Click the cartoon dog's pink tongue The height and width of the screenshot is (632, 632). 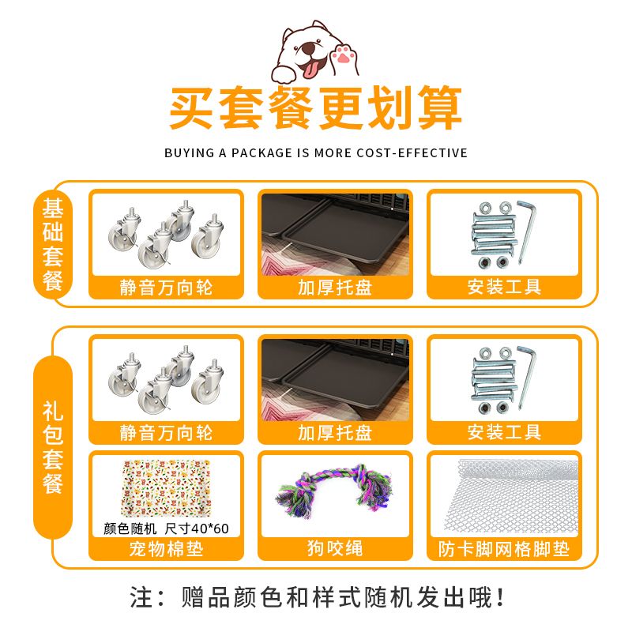pyautogui.click(x=310, y=70)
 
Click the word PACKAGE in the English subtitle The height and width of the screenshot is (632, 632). pyautogui.click(x=261, y=153)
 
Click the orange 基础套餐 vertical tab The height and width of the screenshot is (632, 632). pyautogui.click(x=53, y=244)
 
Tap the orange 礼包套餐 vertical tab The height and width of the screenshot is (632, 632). pyautogui.click(x=53, y=447)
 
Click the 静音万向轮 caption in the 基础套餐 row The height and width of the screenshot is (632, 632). pyautogui.click(x=166, y=288)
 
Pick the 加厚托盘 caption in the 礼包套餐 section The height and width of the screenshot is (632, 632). pyautogui.click(x=335, y=432)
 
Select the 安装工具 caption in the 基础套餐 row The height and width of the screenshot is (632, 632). pyautogui.click(x=504, y=287)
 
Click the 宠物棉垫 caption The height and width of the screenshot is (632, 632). pyautogui.click(x=166, y=548)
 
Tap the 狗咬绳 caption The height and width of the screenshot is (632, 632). pyautogui.click(x=335, y=548)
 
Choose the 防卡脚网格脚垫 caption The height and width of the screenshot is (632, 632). pyautogui.click(x=504, y=548)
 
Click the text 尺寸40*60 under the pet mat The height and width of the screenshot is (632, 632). pyautogui.click(x=197, y=528)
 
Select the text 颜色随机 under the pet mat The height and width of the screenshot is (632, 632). pyautogui.click(x=130, y=528)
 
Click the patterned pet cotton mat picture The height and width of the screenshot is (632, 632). pyautogui.click(x=166, y=488)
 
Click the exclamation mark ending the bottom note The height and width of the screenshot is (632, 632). pyautogui.click(x=500, y=597)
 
